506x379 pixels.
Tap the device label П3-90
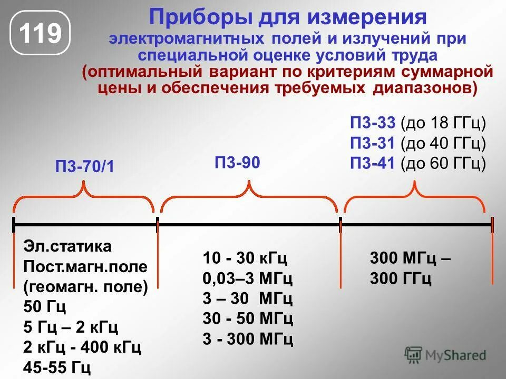coord(237,162)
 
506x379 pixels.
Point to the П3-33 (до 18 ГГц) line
coord(417,124)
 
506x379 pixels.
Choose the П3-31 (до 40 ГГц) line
coord(417,143)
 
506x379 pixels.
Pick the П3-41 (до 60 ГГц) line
coord(417,163)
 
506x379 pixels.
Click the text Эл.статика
coord(67,246)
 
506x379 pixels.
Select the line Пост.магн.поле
coord(85,266)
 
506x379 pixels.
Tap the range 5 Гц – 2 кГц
coord(71,327)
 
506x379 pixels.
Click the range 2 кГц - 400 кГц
coord(82,347)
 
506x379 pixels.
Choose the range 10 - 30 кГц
coord(245,258)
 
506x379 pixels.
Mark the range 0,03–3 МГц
coord(248,278)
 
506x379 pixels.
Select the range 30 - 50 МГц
coord(248,318)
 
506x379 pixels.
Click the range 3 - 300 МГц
coord(248,338)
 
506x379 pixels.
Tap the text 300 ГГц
coord(401,278)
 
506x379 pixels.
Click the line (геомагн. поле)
coord(85,286)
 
